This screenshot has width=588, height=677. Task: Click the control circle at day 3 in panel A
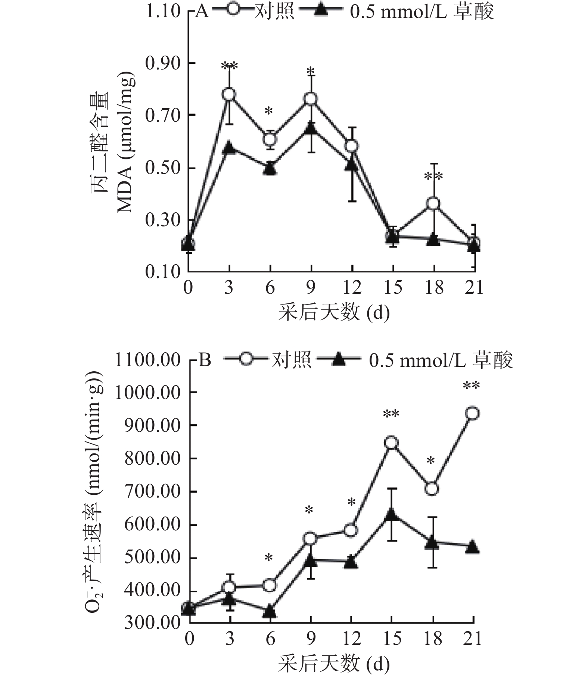click(x=229, y=94)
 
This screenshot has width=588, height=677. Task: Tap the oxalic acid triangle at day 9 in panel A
click(x=311, y=129)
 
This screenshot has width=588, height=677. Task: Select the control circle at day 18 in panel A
click(x=433, y=203)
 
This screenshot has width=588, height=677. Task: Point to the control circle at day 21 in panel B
click(x=473, y=413)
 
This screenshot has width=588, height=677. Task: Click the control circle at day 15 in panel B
click(x=391, y=443)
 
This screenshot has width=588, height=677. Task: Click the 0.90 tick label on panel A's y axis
click(x=162, y=63)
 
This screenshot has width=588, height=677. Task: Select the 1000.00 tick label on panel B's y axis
click(x=147, y=393)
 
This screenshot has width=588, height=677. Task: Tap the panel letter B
click(x=205, y=361)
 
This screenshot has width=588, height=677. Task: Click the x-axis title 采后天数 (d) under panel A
click(x=333, y=312)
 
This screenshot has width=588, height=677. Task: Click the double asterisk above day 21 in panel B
click(x=471, y=386)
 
